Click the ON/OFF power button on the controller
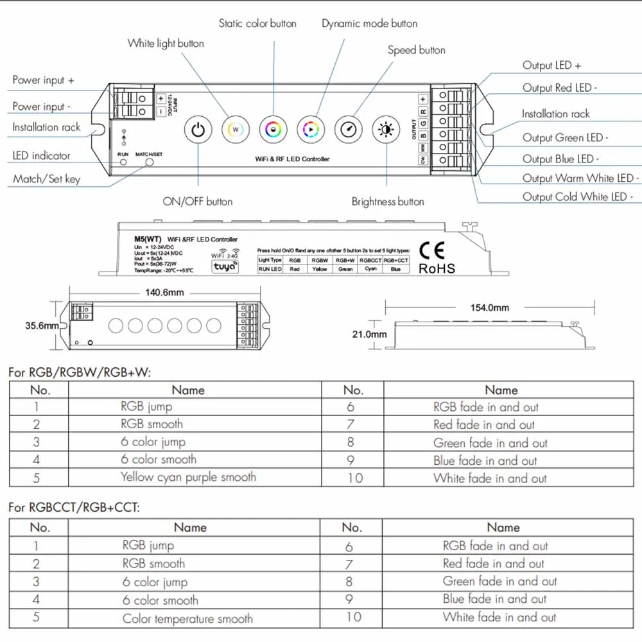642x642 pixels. coord(198,130)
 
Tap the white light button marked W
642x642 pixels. coord(235,130)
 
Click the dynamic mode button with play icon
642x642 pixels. coord(311,130)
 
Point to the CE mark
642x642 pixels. coord(431,250)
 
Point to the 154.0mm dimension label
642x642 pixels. coord(489,308)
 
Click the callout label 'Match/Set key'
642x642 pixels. coord(46,179)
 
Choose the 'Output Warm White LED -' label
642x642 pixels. coord(580,178)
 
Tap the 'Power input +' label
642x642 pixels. coord(43,80)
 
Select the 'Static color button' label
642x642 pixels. coord(257,24)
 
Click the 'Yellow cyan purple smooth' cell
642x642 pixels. coord(188,477)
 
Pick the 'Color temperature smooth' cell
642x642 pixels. coord(187,619)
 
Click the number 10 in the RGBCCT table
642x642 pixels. coord(354,617)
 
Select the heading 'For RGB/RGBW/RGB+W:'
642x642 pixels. coord(80,372)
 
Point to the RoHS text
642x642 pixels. coord(437,268)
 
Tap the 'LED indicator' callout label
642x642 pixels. coord(41,155)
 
